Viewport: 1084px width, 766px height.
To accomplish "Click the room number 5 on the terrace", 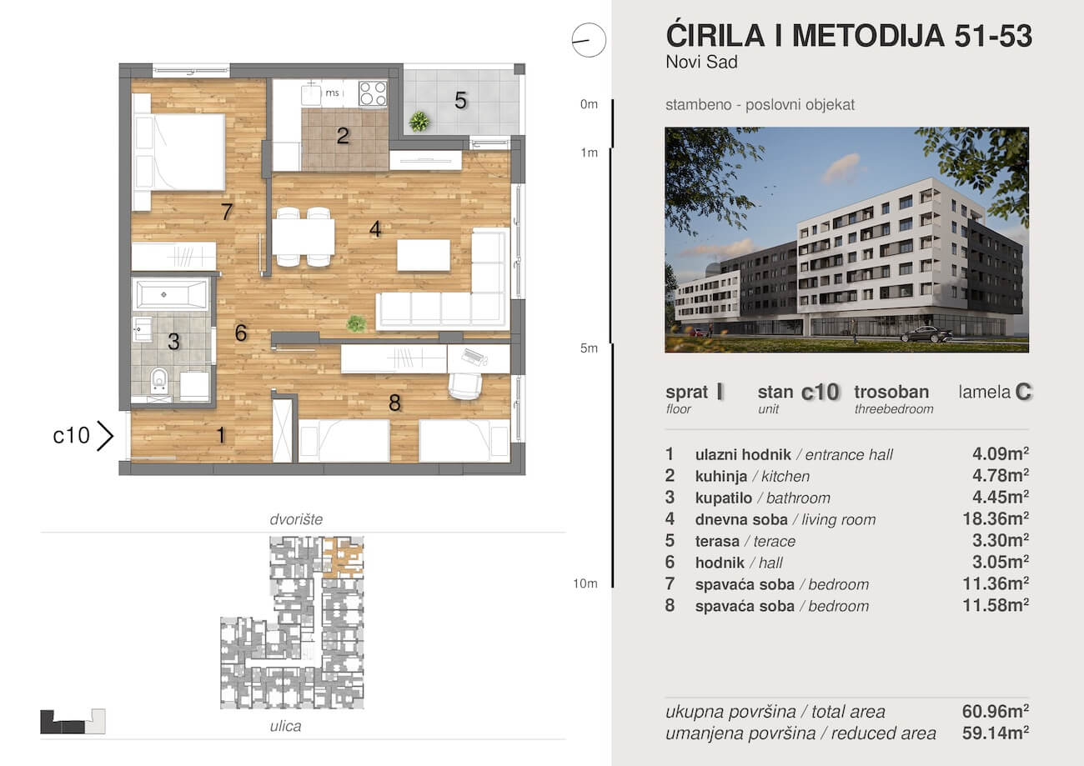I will pos(460,101).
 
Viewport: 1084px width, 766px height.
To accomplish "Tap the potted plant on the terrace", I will pos(419,122).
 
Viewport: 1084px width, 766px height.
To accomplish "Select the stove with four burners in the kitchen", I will pos(373,93).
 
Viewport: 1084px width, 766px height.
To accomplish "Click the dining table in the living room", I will pos(304,236).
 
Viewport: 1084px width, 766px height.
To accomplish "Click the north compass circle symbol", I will pos(588,40).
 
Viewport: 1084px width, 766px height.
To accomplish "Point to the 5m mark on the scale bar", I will pos(590,348).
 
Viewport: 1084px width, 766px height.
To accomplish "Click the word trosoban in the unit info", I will pos(891,392).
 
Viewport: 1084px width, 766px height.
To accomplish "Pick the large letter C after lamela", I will pos(1025,393).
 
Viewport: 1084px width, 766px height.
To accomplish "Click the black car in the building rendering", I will pos(926,334).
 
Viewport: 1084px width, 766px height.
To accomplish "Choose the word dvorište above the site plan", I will pos(296,520).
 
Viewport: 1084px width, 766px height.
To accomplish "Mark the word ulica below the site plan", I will pos(285,727).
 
